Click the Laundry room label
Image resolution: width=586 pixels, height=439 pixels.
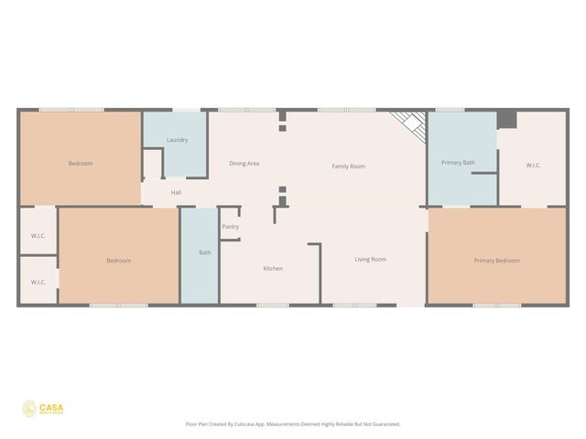tap(177, 140)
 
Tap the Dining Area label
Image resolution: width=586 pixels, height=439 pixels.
tap(244, 164)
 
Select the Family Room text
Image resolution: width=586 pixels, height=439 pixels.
tap(348, 166)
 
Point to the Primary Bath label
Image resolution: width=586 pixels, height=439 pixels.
tap(458, 163)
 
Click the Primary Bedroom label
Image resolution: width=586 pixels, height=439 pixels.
tap(496, 261)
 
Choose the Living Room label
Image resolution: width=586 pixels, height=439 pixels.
tap(371, 260)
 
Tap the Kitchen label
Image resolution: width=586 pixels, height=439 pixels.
tap(273, 269)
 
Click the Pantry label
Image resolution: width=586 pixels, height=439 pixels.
tap(230, 227)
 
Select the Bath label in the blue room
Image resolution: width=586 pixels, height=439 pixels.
tap(205, 253)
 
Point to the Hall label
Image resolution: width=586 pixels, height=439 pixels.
tap(176, 193)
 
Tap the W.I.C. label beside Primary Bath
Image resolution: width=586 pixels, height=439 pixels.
tap(533, 166)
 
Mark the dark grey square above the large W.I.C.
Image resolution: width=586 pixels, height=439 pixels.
tap(507, 120)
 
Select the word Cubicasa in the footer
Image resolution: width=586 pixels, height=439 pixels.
tap(247, 424)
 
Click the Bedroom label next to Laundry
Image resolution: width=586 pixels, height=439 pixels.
tap(81, 164)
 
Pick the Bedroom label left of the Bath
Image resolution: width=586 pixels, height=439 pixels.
tap(118, 261)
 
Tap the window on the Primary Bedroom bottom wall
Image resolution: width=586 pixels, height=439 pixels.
tap(496, 305)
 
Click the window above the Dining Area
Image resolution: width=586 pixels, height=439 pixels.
tap(246, 110)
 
